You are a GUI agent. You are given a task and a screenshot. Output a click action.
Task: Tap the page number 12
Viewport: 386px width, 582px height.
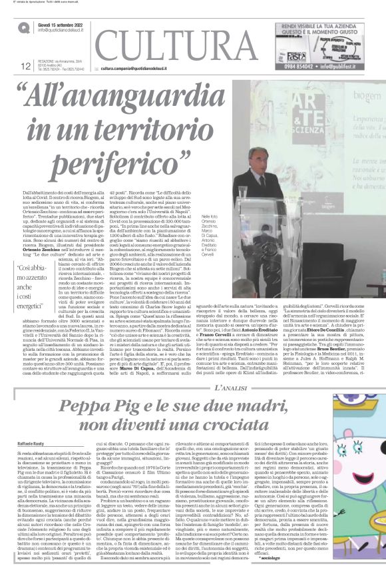click(27, 65)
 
